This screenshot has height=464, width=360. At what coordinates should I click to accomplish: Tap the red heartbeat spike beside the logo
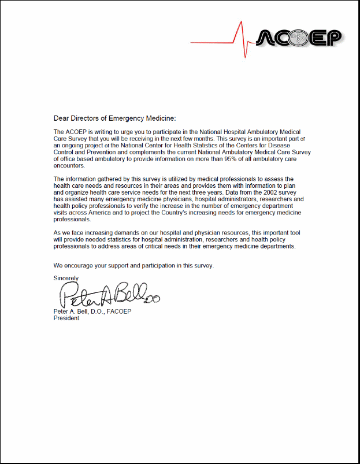pos(238,39)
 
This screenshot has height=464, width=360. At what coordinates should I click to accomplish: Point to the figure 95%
pos(242,158)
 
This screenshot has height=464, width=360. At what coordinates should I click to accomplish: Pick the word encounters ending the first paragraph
pos(69,164)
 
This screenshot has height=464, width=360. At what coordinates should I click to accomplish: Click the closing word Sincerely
pos(66,278)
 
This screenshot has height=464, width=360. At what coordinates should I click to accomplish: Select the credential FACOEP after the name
pos(118,312)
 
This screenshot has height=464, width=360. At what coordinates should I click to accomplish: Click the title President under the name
pos(66,318)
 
